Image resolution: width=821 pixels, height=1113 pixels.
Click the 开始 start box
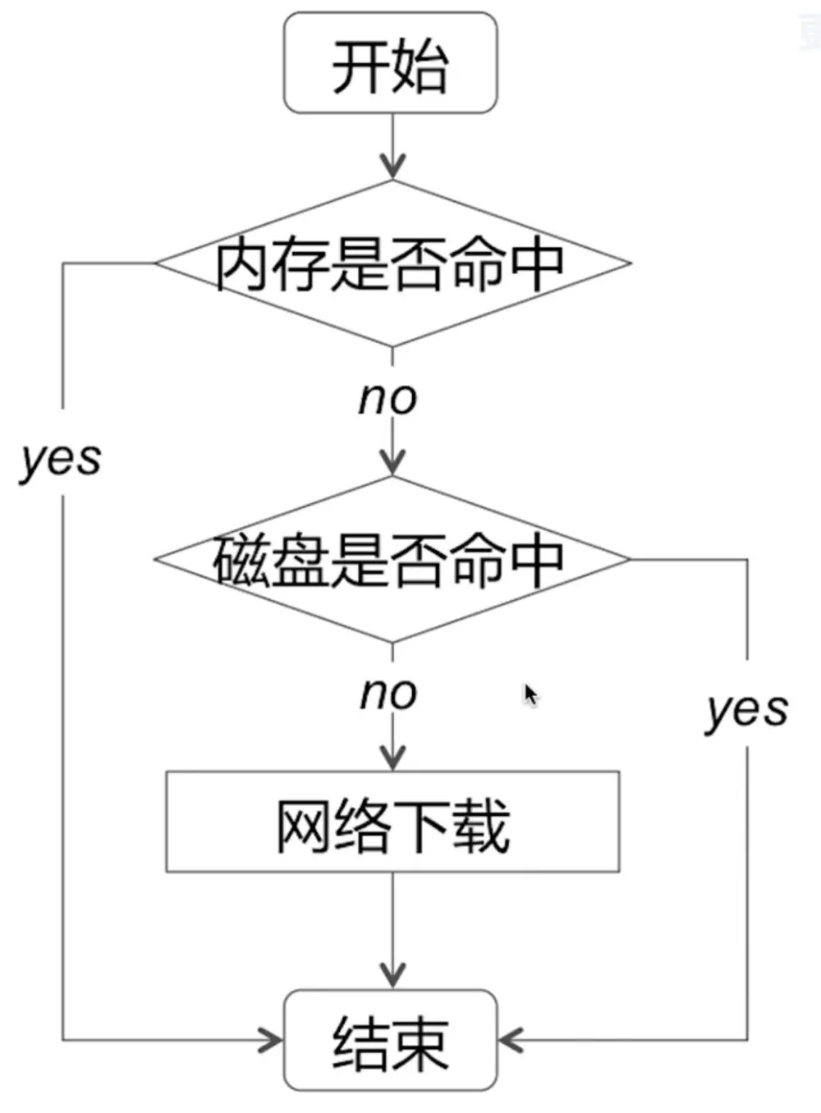(391, 63)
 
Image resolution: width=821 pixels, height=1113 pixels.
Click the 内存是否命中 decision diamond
(392, 263)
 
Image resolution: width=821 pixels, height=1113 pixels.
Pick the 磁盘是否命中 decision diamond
(392, 560)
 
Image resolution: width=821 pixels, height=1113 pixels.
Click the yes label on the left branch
(61, 460)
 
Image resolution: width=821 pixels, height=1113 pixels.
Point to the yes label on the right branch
(747, 711)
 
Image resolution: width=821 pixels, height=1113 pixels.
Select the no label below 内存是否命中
(388, 398)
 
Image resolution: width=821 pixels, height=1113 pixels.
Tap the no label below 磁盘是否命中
(388, 694)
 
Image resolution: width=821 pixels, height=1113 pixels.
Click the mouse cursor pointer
(530, 694)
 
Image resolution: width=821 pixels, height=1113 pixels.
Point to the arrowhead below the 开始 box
(392, 166)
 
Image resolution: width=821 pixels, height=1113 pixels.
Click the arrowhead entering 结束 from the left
(272, 1039)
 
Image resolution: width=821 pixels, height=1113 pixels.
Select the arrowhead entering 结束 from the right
(511, 1039)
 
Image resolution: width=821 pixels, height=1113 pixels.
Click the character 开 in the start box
(360, 66)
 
